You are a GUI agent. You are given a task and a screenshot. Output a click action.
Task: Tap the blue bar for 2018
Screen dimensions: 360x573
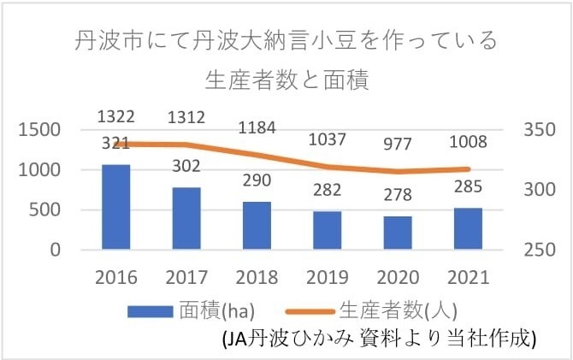coord(257,226)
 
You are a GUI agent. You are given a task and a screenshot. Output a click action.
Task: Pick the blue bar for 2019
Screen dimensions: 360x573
coord(327,231)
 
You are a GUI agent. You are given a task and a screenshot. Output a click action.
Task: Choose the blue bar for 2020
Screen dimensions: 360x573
coord(397,233)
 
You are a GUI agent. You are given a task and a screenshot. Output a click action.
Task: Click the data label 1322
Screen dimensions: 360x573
coord(116,116)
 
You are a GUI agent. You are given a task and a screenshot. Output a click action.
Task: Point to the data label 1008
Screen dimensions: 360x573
coord(468,141)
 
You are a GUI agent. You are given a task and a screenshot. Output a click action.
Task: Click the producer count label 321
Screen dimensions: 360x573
coord(116,143)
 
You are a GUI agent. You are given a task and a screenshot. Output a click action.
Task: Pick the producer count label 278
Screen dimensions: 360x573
coord(397,198)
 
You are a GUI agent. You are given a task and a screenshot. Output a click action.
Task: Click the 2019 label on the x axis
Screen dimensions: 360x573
coord(327,277)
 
